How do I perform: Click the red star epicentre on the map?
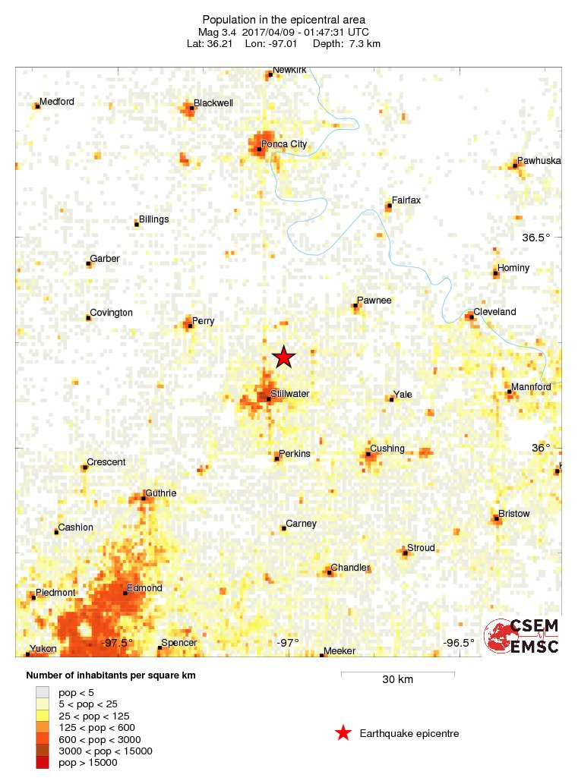pos(283,357)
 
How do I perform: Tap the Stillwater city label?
pos(289,394)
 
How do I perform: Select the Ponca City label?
pos(283,144)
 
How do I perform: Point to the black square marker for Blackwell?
pos(191,109)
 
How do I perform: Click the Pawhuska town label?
pos(539,161)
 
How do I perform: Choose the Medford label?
pos(57,102)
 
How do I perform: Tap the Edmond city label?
pos(144,588)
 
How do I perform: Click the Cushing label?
pos(387,449)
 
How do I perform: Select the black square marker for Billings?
pos(137,224)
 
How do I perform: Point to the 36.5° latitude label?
pos(535,238)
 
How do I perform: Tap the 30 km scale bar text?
pos(397,680)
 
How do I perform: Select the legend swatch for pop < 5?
pos(43,691)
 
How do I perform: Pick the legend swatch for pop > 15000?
pos(43,762)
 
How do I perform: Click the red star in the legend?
pos(343,733)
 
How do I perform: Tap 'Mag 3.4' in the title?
pos(219,33)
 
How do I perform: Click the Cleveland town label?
pos(494,312)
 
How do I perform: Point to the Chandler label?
pos(349,568)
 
